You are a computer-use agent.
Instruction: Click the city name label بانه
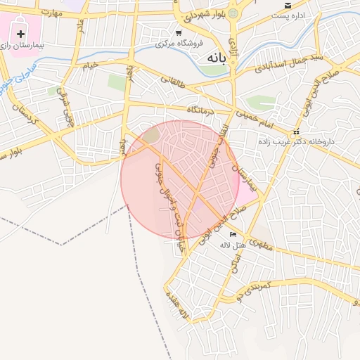click(214, 60)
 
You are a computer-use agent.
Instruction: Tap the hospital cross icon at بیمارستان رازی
click(20, 34)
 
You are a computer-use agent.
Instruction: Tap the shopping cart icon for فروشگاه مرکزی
click(179, 32)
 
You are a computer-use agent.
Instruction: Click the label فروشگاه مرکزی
click(180, 44)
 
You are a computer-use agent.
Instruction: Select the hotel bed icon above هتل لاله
click(233, 234)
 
